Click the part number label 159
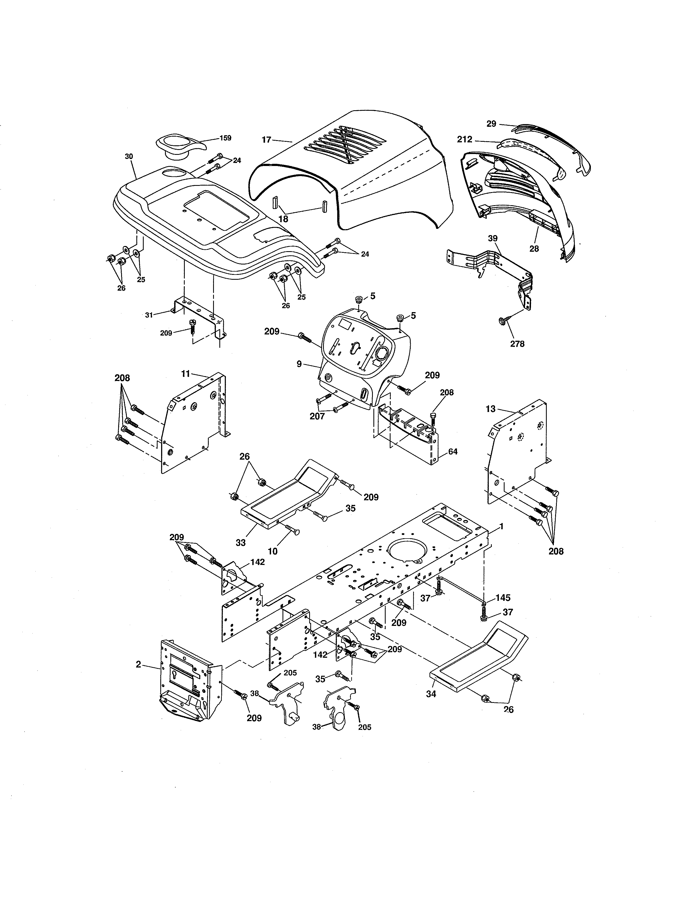pos(225,138)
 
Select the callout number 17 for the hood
pos(266,140)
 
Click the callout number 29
pos(491,123)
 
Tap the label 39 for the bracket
pos(493,238)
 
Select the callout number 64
pos(453,451)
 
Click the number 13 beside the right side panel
pos(490,409)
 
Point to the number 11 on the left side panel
pos(185,373)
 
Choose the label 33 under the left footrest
pos(241,542)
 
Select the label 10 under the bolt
pos(273,551)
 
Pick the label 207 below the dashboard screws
pos(317,416)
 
